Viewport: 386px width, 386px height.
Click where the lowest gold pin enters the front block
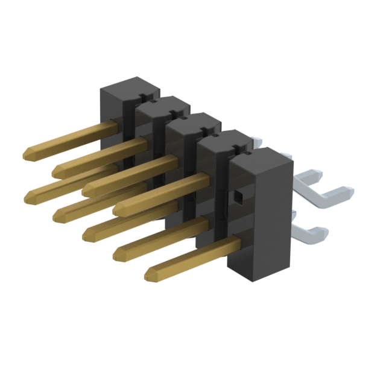point(232,244)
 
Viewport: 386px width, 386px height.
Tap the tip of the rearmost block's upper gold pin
point(28,155)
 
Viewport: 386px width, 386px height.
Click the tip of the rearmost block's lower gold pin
point(30,195)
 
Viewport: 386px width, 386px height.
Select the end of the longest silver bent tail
point(347,192)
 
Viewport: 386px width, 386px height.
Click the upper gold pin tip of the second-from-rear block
point(57,171)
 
